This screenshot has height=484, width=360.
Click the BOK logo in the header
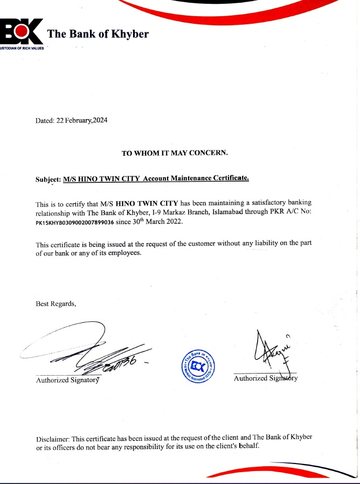click(x=22, y=32)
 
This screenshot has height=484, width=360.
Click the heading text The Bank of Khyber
click(x=98, y=34)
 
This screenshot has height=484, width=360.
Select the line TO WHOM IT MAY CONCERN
click(x=175, y=153)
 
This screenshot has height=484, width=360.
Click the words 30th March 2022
click(x=160, y=222)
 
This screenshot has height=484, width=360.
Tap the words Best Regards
click(x=56, y=303)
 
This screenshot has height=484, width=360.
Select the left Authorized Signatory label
click(x=67, y=381)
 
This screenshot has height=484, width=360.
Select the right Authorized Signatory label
click(x=265, y=378)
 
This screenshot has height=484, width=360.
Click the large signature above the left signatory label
click(x=92, y=350)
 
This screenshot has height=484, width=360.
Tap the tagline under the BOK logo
click(x=22, y=48)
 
